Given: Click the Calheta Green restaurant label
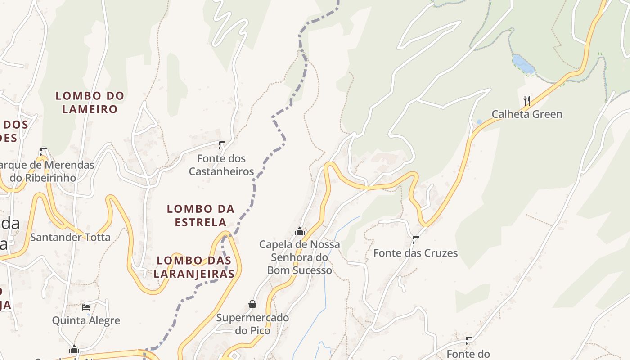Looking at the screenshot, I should pos(526,114).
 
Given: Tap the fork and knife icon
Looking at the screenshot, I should pos(527,100).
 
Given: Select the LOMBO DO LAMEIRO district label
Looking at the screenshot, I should pos(90,102).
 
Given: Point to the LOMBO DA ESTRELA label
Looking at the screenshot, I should pos(201,215).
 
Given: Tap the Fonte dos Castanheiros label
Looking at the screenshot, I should pos(221,165).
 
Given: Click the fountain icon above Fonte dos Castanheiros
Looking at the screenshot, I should pos(221,145).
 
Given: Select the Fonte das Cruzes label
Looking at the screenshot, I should pos(415,253).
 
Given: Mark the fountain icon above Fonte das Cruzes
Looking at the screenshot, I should pos(416,239).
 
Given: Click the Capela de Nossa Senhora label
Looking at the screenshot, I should pos(300,257).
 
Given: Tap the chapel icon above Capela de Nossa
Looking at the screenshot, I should pos(300,232).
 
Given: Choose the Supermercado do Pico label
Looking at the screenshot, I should pos(252,324).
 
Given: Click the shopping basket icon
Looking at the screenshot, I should pos(252,305).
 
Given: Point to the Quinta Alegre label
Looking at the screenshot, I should pos(86,320).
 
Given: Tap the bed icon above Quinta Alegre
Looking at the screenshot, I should pos(86,307).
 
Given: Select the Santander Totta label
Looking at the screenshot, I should pos(70,237).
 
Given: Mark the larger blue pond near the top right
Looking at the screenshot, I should pos(523,64).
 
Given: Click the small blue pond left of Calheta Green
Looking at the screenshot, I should pos(479,122).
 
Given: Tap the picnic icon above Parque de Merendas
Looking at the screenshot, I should pos(43,151).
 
